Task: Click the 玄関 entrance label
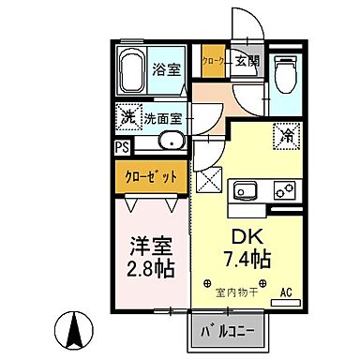pyautogui.click(x=247, y=62)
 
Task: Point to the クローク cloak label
pyautogui.click(x=215, y=62)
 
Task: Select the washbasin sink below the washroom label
pyautogui.click(x=170, y=143)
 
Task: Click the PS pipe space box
pyautogui.click(x=122, y=147)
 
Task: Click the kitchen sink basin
pyautogui.click(x=246, y=191)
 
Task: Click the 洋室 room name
pyautogui.click(x=150, y=248)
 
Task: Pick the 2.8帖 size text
pyautogui.click(x=151, y=271)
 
